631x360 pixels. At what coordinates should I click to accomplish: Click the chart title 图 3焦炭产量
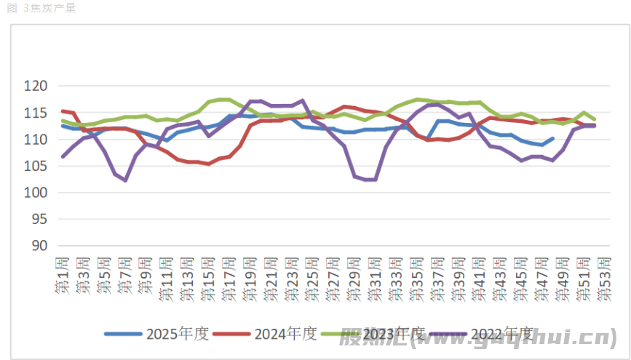click(41, 8)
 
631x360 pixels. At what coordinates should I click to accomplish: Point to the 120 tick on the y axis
click(36, 87)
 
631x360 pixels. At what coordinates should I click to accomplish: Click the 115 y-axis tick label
click(36, 113)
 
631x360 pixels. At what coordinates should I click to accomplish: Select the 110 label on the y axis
click(36, 140)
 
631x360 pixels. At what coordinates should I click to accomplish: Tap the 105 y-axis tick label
click(36, 166)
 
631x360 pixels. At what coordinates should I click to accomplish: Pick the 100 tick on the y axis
click(36, 193)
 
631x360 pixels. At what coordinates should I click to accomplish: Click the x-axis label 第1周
click(63, 275)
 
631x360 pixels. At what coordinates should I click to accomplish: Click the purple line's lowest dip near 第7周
click(125, 180)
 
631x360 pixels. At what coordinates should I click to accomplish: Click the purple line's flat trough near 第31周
click(370, 179)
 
